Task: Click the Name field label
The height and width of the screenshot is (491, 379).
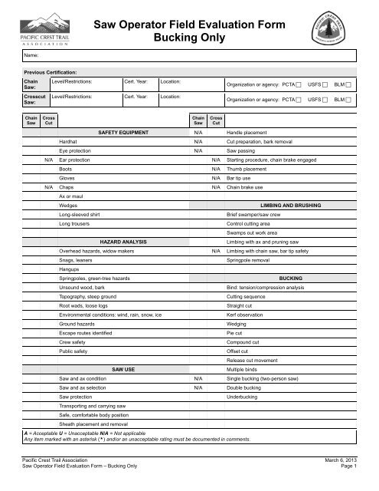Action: (31, 56)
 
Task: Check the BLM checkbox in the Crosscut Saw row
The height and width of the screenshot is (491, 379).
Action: (350, 101)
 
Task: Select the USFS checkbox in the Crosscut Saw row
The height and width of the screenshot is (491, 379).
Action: (325, 101)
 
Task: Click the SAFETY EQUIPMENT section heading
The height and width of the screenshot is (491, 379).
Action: (124, 133)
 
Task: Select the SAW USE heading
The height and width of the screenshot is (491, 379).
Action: (124, 369)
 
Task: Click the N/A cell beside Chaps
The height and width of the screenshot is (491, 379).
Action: (48, 186)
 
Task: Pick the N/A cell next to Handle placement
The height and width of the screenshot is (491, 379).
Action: (198, 133)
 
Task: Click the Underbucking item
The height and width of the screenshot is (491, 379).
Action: (243, 397)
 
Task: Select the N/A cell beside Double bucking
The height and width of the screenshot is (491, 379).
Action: (198, 387)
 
